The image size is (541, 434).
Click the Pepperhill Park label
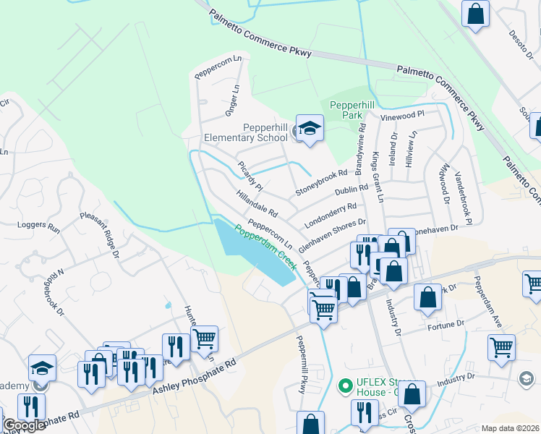355,110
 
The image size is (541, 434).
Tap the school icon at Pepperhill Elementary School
310,129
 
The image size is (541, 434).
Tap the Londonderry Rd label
331,211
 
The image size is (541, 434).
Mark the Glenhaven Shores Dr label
333,235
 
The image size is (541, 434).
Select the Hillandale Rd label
257,203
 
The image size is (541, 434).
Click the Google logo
23,426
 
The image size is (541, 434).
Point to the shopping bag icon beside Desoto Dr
476,13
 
